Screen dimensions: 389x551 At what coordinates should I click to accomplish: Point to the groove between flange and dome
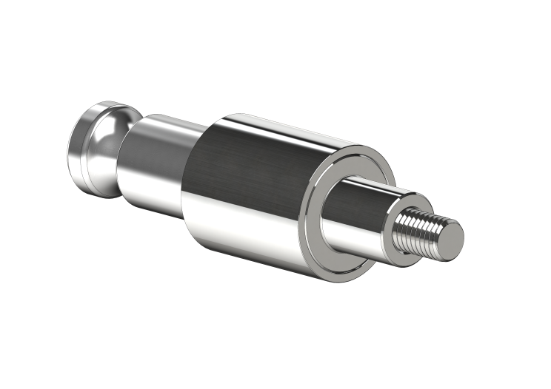pyautogui.click(x=89, y=152)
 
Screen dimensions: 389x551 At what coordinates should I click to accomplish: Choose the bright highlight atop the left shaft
pyautogui.click(x=167, y=122)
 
